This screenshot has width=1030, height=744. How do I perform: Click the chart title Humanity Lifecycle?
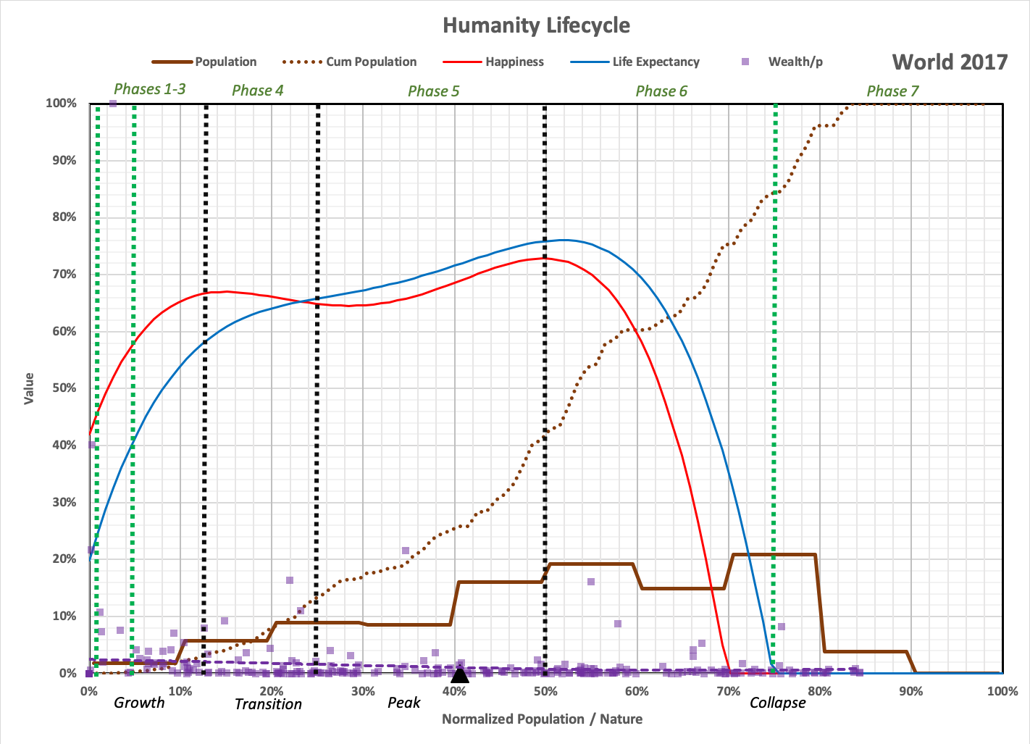coord(536,25)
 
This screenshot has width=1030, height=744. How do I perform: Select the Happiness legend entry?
coord(514,62)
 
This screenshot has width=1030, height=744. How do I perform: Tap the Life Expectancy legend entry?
coord(656,62)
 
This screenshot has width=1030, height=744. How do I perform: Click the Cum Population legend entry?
coord(371,62)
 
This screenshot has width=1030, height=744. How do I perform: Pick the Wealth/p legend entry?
coord(795,62)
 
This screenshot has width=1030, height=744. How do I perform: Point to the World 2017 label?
coord(950,62)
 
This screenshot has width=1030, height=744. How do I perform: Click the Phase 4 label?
coord(257,91)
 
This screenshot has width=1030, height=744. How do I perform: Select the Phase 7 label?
coord(892,91)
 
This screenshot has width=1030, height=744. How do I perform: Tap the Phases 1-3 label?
coord(149,89)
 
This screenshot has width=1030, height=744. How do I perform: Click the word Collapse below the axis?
coord(777,703)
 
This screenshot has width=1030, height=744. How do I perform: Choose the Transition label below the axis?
coord(268,704)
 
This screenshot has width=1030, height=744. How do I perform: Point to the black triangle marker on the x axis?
coord(460,675)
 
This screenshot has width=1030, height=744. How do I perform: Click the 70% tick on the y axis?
coord(64,274)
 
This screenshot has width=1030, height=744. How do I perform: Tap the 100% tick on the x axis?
coord(1002,691)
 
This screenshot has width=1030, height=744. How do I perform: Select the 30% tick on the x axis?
coord(363,691)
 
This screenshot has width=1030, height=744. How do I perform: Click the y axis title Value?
coord(29,388)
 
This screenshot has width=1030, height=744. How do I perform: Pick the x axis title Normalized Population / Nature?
coord(542,719)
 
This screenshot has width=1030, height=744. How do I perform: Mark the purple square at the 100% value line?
coord(113,104)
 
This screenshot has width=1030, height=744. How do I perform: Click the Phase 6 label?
coord(661,91)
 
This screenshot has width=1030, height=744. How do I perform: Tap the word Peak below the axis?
coord(403,703)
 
